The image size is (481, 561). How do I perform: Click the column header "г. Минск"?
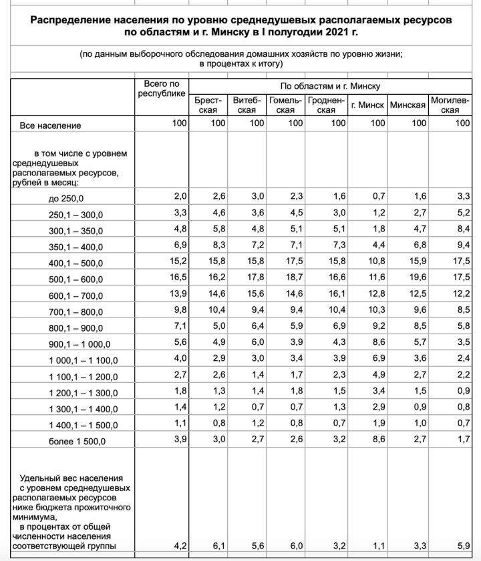coord(367,105)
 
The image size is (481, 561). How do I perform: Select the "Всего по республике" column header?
coord(162,89)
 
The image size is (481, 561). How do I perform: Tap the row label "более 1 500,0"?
coord(77,442)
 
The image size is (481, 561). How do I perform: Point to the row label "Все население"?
coord(50,125)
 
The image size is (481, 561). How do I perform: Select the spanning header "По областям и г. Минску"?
coord(330,87)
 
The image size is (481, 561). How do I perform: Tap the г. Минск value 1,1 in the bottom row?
coord(378,546)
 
